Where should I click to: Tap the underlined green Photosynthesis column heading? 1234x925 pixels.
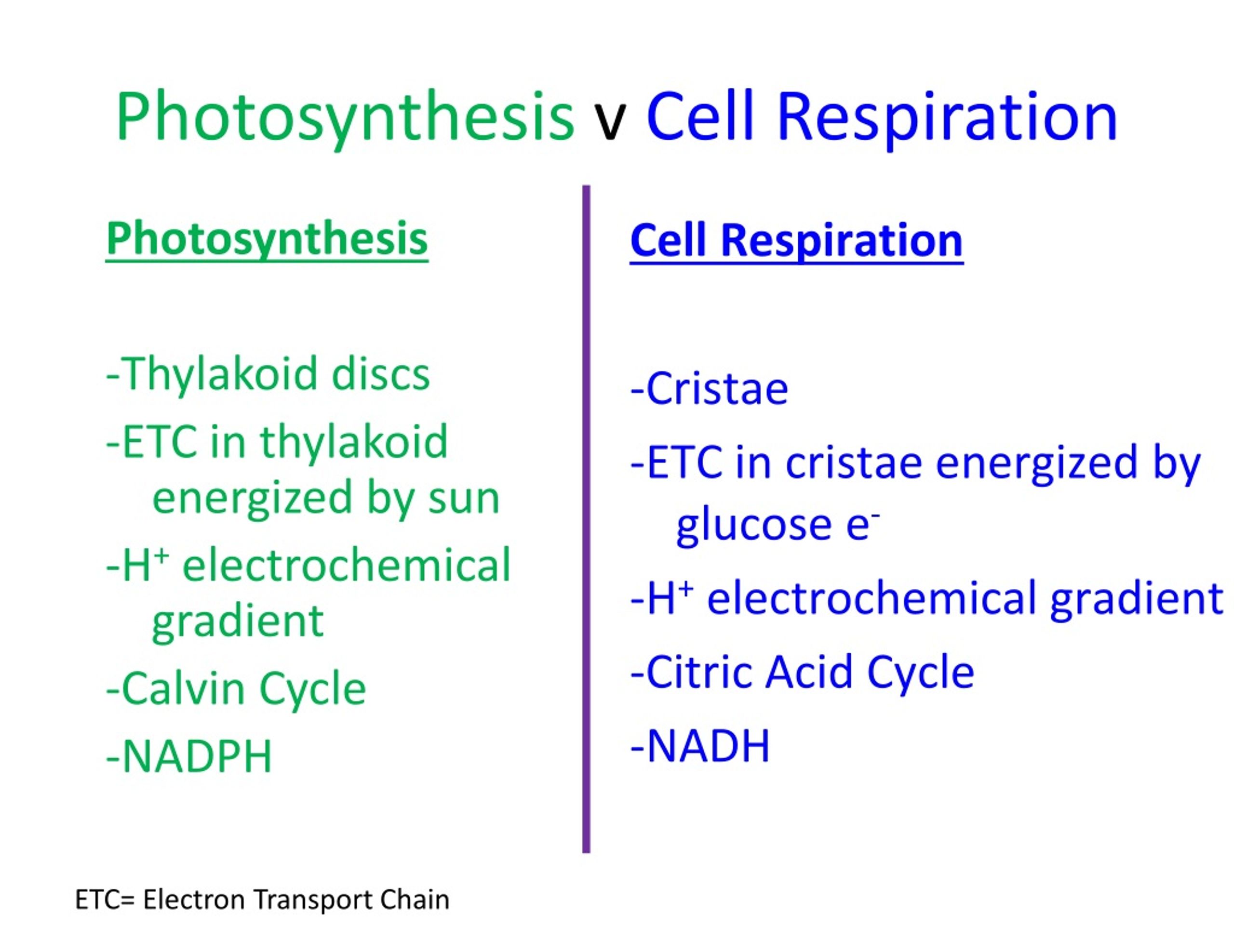(x=267, y=240)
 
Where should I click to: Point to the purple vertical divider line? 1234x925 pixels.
(x=586, y=519)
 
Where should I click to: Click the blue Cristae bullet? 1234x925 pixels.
(x=709, y=389)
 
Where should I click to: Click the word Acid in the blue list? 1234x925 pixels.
(x=809, y=672)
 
